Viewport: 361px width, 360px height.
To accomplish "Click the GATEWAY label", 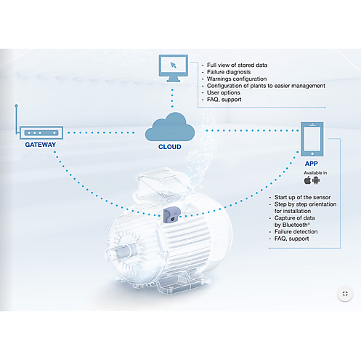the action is pos(41,145).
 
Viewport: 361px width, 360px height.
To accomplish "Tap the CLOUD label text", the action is pos(170,147).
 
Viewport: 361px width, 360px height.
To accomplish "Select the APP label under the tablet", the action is pos(312,164).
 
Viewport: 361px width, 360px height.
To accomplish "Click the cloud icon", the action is pos(170,127).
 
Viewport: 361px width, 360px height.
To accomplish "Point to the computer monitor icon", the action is pos(174,68).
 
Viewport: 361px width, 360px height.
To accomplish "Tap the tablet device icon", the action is pos(312,139).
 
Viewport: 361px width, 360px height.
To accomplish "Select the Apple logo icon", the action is pos(307,180).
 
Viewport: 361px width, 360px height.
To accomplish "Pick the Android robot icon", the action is pos(316,180).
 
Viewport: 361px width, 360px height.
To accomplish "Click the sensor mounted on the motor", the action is pos(171,215).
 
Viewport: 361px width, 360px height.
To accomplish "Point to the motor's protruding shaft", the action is pos(117,253).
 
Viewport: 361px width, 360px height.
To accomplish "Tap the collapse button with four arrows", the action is pos(345,294).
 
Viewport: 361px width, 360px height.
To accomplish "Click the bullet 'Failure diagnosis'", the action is pos(229,72).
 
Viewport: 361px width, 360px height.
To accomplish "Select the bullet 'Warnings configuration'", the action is pos(237,79).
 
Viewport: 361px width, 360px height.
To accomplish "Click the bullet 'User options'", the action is pos(224,92).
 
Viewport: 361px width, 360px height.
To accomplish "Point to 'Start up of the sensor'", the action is pos(302,197).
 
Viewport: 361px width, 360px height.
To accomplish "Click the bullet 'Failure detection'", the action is pos(296,232).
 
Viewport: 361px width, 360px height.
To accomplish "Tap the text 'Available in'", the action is pos(315,173).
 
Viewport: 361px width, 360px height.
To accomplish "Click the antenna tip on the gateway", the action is pos(16,105).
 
